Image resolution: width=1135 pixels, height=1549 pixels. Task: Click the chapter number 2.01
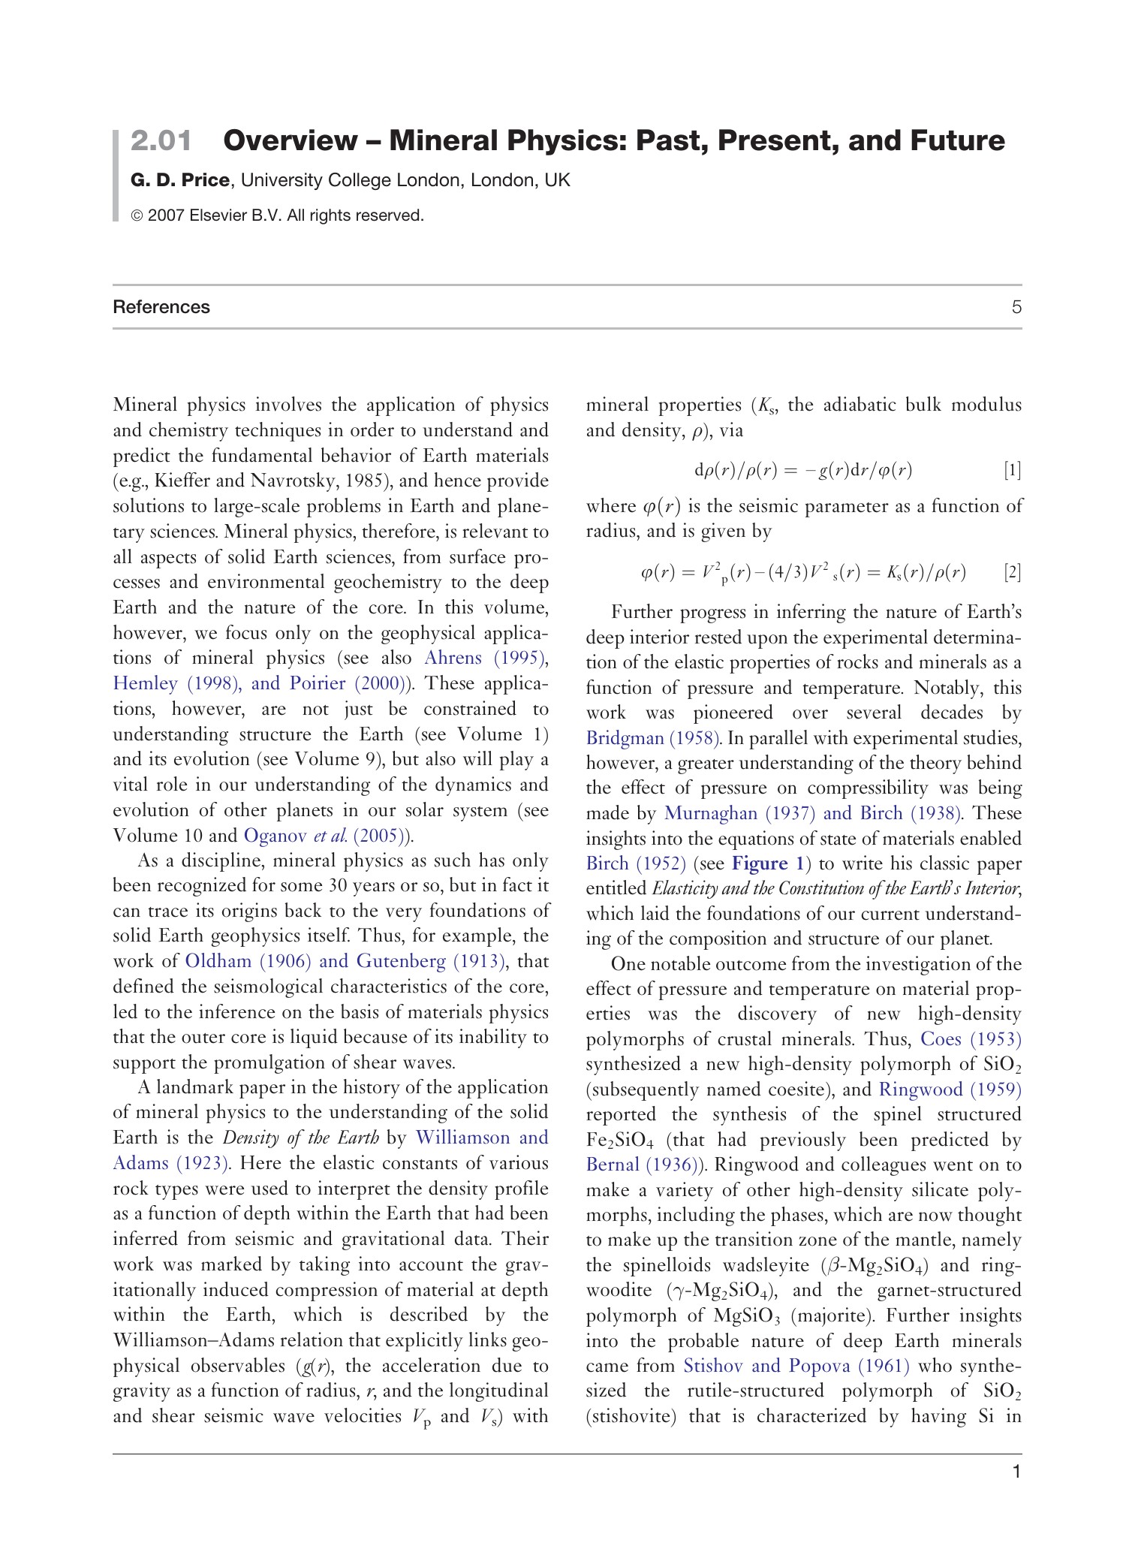[161, 140]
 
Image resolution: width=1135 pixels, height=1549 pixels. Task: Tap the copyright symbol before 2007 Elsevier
[137, 216]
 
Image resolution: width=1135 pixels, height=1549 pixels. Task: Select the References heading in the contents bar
[161, 307]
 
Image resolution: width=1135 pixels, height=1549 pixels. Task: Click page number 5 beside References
[1016, 307]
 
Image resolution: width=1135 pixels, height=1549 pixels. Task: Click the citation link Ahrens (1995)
[485, 658]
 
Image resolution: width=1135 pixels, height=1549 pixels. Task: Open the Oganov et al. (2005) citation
[328, 836]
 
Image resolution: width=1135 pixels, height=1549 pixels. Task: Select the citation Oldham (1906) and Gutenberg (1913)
[345, 961]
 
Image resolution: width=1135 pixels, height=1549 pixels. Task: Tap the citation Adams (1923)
[170, 1163]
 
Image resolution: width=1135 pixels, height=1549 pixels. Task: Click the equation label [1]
[1012, 471]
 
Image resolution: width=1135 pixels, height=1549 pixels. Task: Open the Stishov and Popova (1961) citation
[796, 1366]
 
